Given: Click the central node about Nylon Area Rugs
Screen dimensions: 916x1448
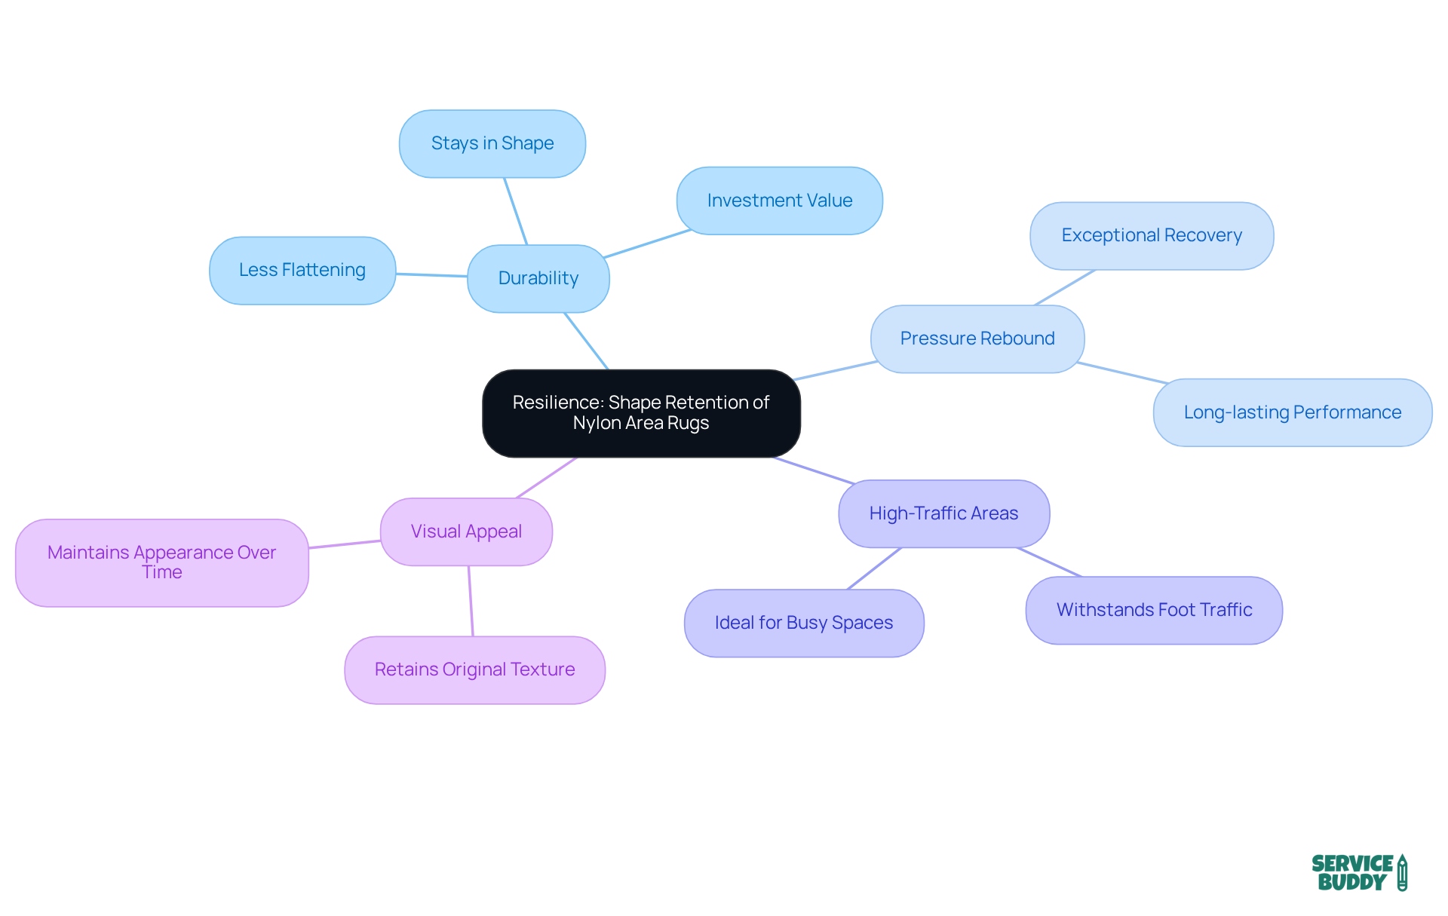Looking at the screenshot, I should pyautogui.click(x=641, y=413).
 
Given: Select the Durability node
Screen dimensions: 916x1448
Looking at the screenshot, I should pyautogui.click(x=538, y=278).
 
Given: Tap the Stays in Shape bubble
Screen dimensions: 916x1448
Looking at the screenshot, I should pyautogui.click(x=492, y=143).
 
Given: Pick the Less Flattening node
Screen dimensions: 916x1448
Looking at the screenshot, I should pyautogui.click(x=302, y=270).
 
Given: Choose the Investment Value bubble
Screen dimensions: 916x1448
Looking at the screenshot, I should pyautogui.click(x=780, y=201).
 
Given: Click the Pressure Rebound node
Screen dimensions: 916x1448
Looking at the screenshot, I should pyautogui.click(x=977, y=339).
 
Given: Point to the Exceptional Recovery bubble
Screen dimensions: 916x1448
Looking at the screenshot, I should pyautogui.click(x=1152, y=235).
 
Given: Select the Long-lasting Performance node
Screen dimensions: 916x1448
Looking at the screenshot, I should pyautogui.click(x=1293, y=412).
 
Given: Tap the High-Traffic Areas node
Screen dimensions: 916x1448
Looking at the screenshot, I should pyautogui.click(x=943, y=513).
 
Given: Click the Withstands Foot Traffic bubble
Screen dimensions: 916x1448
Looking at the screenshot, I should pyautogui.click(x=1154, y=610).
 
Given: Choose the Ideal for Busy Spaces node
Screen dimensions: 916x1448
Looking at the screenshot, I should pyautogui.click(x=804, y=623).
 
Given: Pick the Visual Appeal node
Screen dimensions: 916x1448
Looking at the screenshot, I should pyautogui.click(x=466, y=532).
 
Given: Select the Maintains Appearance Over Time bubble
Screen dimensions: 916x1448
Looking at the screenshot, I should pyautogui.click(x=162, y=562).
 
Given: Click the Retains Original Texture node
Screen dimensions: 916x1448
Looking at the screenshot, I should pyautogui.click(x=474, y=669).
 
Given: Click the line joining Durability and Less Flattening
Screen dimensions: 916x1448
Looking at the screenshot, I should pyautogui.click(x=431, y=275).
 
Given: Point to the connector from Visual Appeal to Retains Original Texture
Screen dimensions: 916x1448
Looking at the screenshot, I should pyautogui.click(x=471, y=601).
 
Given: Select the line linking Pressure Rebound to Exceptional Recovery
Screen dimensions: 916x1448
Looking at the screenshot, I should pyautogui.click(x=1065, y=287).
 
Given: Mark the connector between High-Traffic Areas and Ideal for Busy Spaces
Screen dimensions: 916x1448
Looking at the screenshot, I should pyautogui.click(x=875, y=568).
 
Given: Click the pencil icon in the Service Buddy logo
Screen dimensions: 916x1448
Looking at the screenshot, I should pyautogui.click(x=1402, y=873).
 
